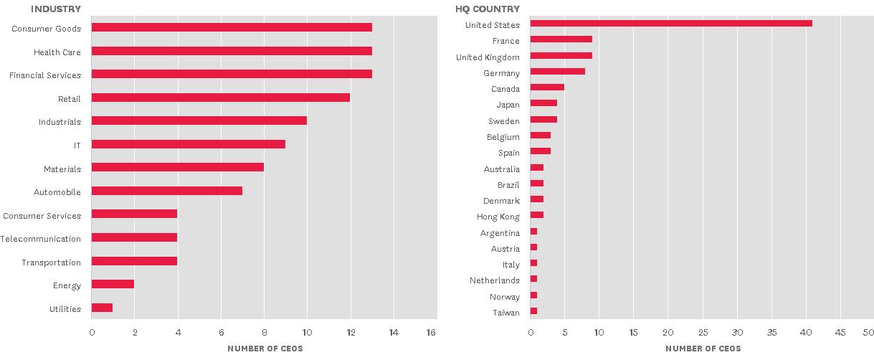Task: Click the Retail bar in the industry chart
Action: (220, 98)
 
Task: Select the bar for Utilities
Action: (102, 308)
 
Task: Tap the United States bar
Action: (670, 24)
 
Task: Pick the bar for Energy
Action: (113, 285)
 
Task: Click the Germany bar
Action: (557, 72)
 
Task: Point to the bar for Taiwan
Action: (533, 311)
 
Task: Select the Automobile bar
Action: (166, 191)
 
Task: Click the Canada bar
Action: (547, 87)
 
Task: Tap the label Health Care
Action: (57, 52)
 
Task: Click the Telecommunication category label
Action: (41, 239)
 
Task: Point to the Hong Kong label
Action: (498, 216)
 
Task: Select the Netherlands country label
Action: (495, 280)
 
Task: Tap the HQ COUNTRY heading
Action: (488, 9)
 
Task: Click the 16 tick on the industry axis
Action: (431, 333)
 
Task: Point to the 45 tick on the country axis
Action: (841, 333)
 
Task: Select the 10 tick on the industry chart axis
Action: (307, 333)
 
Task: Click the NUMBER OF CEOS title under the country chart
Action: (703, 349)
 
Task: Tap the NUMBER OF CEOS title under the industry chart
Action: (265, 349)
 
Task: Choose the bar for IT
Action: (188, 144)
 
